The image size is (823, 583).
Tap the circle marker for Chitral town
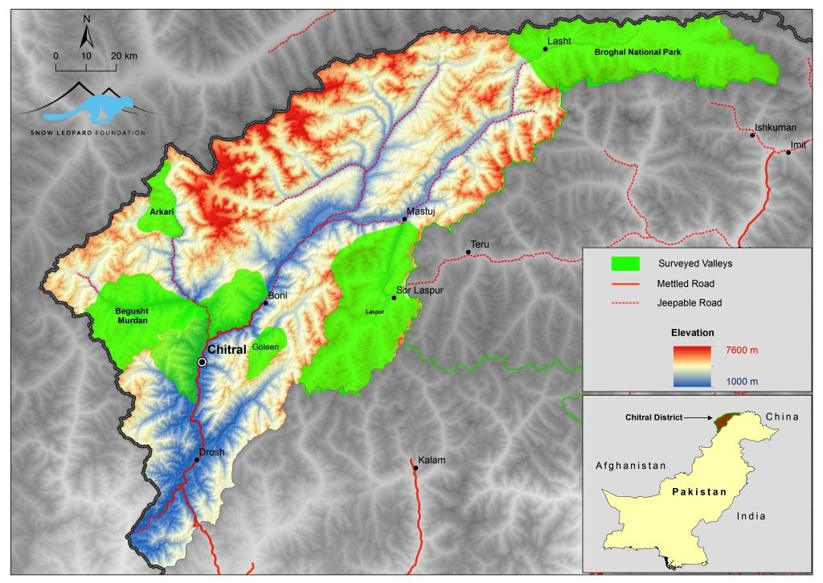click(x=203, y=362)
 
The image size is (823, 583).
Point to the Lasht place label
click(x=557, y=40)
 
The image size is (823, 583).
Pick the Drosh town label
click(x=212, y=452)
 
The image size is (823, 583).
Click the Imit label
click(x=798, y=145)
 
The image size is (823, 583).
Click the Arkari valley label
click(x=162, y=212)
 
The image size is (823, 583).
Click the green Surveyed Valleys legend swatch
click(x=624, y=263)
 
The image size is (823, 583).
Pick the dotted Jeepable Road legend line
click(x=624, y=303)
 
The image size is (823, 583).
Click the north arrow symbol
click(x=87, y=35)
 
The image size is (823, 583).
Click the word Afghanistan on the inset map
click(x=631, y=466)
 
